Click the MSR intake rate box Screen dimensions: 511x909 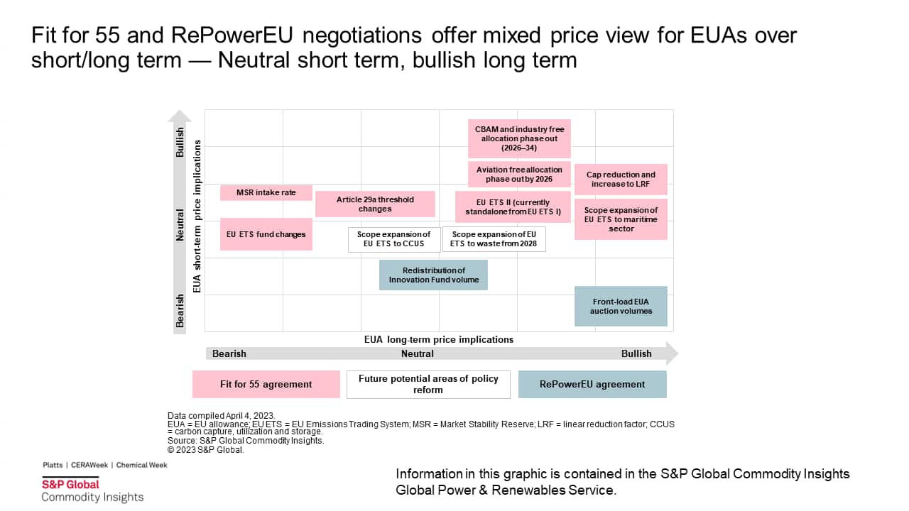pos(266,192)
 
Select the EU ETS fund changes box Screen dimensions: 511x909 pos(266,234)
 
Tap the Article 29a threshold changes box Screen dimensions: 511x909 pos(375,204)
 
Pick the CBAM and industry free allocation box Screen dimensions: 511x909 pos(519,138)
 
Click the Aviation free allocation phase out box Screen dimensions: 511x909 pos(519,175)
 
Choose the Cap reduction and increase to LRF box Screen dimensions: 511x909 pos(621,180)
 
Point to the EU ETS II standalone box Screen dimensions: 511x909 pos(513,207)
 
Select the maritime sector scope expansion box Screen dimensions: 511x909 pos(621,219)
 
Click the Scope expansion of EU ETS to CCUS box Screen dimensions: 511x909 pos(393,239)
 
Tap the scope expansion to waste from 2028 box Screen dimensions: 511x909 pos(494,239)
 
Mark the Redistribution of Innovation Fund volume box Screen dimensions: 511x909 pos(433,275)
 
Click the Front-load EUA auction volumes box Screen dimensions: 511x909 pos(621,306)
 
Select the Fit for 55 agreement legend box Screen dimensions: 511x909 pos(266,384)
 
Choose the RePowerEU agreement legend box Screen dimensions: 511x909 pos(592,384)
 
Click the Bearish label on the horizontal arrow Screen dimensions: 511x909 pos(229,353)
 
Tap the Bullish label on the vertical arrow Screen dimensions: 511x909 pos(180,143)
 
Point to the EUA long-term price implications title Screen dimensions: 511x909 pos(438,340)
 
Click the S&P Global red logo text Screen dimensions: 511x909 pos(70,484)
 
